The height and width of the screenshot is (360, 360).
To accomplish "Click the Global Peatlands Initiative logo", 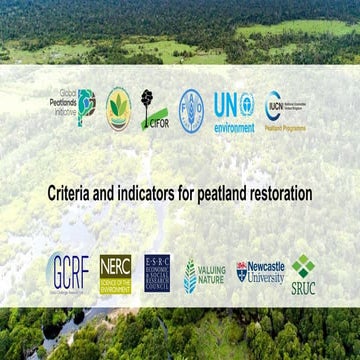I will pyautogui.click(x=74, y=102).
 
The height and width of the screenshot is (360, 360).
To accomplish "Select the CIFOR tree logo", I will pyautogui.click(x=153, y=106).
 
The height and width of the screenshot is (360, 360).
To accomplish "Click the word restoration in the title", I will pyautogui.click(x=286, y=190).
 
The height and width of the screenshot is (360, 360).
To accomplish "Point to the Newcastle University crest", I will pyautogui.click(x=241, y=270).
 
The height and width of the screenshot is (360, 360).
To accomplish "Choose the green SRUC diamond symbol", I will pyautogui.click(x=303, y=265).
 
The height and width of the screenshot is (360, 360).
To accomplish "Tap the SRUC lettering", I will pyautogui.click(x=303, y=286).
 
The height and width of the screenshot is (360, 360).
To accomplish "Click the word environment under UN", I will pyautogui.click(x=234, y=127).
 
